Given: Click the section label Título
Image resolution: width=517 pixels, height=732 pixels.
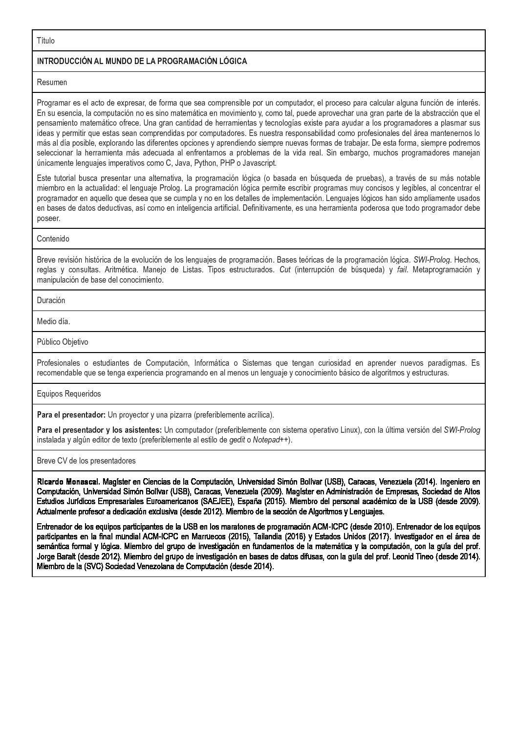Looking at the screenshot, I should pos(46,41).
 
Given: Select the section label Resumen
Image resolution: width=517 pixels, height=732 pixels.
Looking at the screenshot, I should pos(52,82).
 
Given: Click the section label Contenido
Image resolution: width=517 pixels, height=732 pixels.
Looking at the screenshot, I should pos(53,239).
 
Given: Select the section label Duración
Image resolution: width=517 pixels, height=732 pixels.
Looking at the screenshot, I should pos(51,300).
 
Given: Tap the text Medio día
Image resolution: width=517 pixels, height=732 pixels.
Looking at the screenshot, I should pos(53,321).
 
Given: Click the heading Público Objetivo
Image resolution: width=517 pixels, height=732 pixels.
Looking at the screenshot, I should pos(63,342).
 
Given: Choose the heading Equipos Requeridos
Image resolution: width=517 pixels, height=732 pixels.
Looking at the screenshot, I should pos(69,394).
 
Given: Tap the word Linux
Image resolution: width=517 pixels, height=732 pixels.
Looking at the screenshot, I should pos(348,430).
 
